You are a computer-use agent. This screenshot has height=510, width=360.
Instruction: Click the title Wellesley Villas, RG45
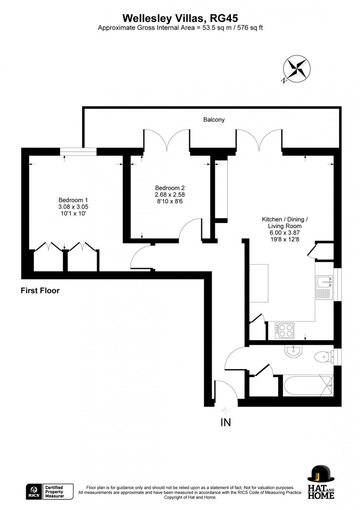click(180, 18)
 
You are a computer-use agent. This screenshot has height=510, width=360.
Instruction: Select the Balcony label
click(214, 120)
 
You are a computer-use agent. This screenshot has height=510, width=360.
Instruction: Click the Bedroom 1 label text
click(71, 200)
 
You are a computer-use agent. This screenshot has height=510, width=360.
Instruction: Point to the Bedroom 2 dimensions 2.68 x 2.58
click(170, 195)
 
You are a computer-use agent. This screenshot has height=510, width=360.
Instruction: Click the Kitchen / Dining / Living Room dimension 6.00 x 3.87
click(284, 233)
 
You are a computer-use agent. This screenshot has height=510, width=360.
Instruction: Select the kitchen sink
click(324, 282)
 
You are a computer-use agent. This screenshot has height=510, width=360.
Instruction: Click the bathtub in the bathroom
click(308, 386)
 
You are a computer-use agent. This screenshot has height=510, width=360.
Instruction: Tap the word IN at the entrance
click(226, 422)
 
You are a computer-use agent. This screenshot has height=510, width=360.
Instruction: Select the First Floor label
click(40, 291)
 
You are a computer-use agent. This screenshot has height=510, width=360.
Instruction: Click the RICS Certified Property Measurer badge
click(49, 492)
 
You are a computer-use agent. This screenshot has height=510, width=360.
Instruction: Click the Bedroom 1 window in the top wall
click(78, 151)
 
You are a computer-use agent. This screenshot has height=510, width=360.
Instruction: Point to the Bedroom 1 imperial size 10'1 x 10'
click(74, 213)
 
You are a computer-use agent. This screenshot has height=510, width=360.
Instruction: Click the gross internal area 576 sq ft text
click(250, 28)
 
